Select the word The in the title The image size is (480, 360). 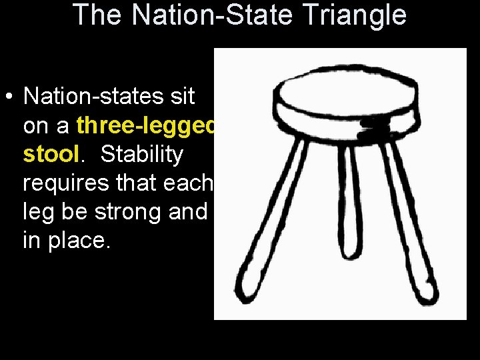99,15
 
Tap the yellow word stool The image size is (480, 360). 51,155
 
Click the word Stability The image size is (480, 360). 141,155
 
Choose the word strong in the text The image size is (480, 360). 133,212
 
